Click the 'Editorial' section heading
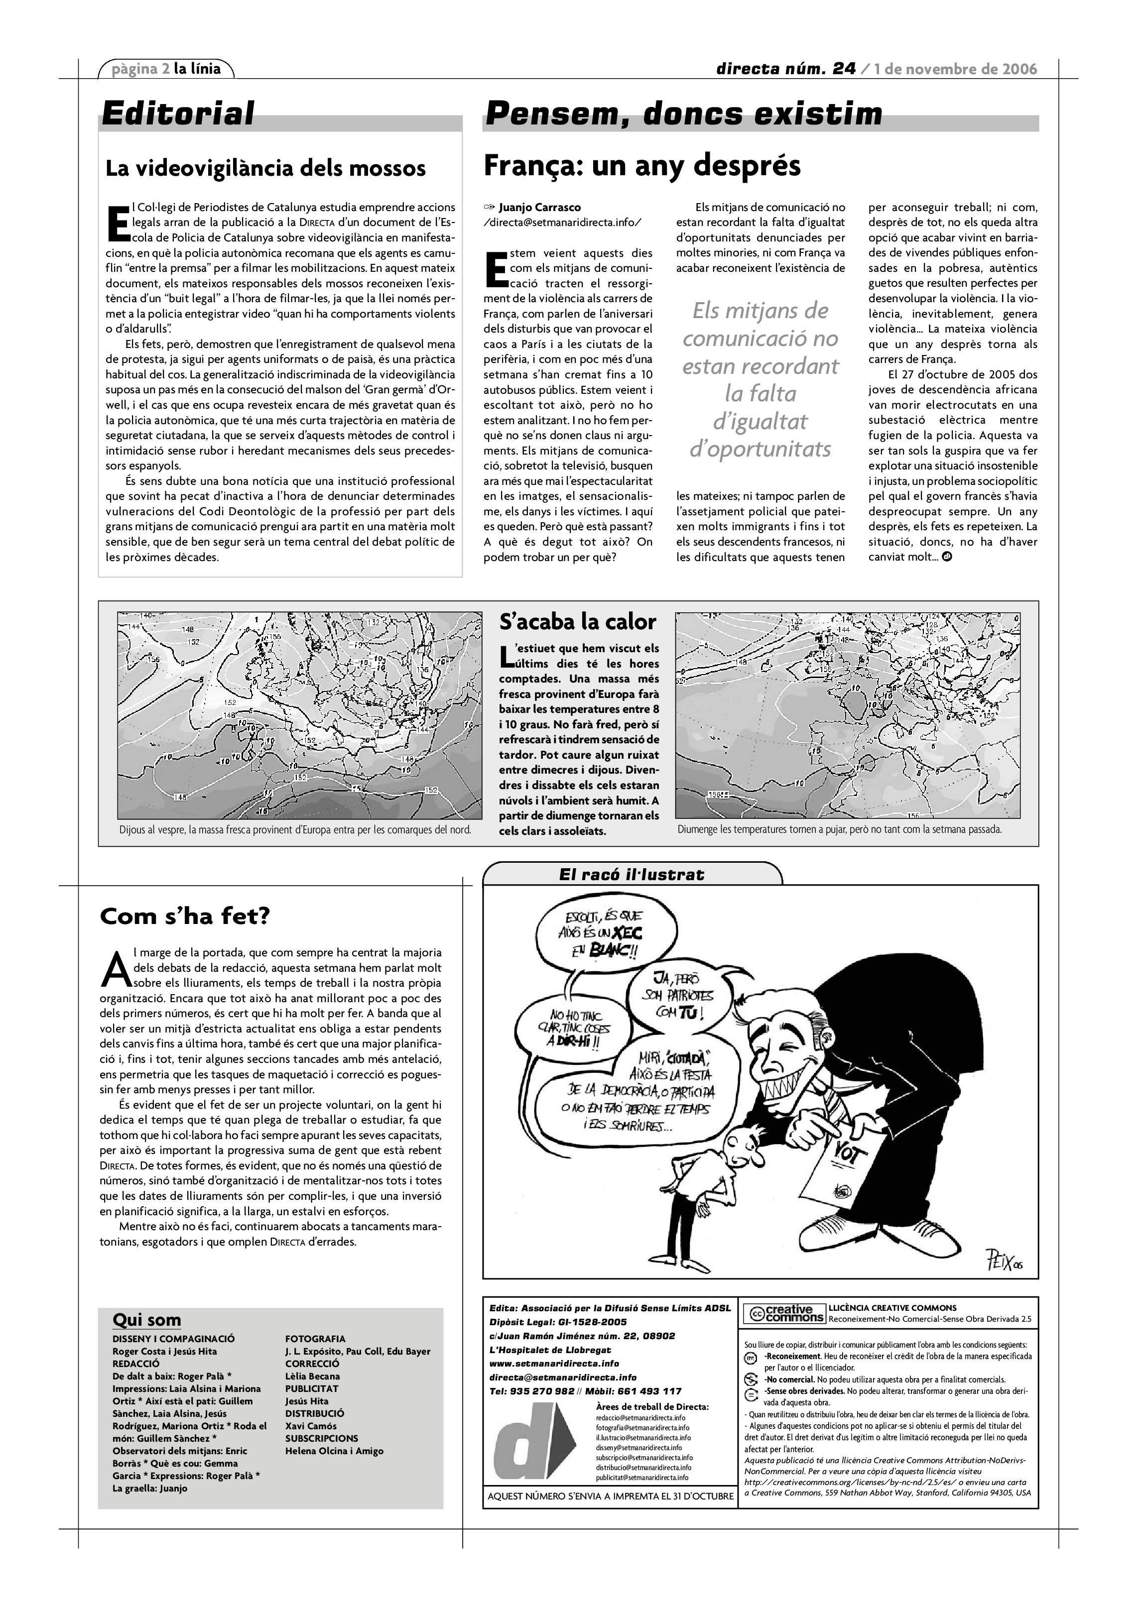point(178,114)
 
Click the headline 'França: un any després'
point(642,166)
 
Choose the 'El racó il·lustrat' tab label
point(631,874)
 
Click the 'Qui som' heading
point(147,1320)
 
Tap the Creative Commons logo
point(783,1314)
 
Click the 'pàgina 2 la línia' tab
point(167,69)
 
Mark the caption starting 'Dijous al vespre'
point(295,829)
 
